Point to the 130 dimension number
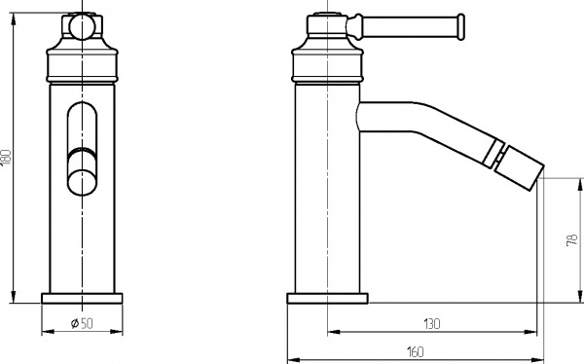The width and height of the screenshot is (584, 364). point(432,322)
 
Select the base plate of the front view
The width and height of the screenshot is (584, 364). point(84,298)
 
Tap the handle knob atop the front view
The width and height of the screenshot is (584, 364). point(83,24)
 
